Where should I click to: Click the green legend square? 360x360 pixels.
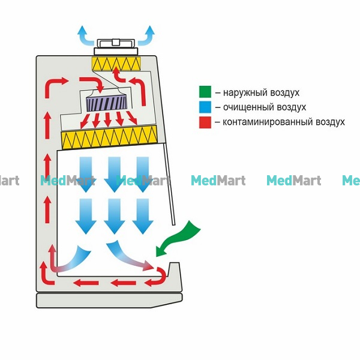pyautogui.click(x=205, y=92)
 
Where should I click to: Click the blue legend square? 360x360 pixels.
pyautogui.click(x=205, y=107)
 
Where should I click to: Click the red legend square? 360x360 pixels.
pyautogui.click(x=205, y=122)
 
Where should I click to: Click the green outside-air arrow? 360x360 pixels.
pyautogui.click(x=178, y=239)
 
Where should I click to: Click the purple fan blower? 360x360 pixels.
pyautogui.click(x=106, y=103)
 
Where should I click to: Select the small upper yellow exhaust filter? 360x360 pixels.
pyautogui.click(x=116, y=64)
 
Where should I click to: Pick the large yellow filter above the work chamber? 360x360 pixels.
pyautogui.click(x=109, y=137)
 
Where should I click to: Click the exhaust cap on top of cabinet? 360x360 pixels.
pyautogui.click(x=116, y=47)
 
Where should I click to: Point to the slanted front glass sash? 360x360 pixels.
pyautogui.click(x=170, y=184)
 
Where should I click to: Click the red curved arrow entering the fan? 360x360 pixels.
pyautogui.click(x=92, y=84)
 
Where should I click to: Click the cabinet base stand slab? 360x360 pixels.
pyautogui.click(x=109, y=301)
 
